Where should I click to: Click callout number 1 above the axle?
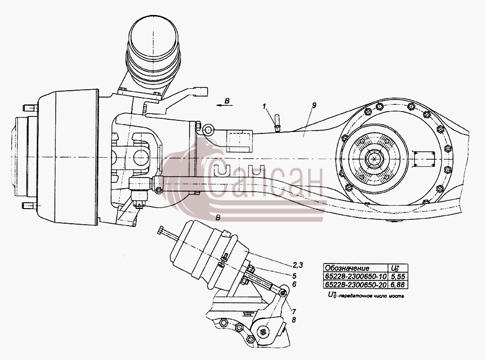[264, 106]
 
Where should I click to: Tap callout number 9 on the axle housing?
[314, 105]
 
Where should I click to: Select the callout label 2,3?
[298, 265]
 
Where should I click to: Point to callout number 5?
[294, 276]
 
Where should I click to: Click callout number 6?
[294, 284]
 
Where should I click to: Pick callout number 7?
[294, 311]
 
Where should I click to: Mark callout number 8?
[294, 320]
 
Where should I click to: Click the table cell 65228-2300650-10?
[356, 276]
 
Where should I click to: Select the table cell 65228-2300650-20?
[356, 284]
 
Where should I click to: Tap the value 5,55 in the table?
[398, 276]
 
